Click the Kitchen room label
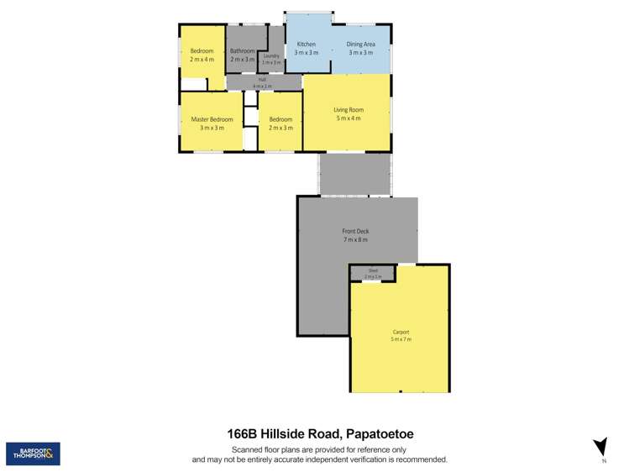click(306, 44)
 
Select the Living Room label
click(348, 110)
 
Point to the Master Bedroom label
click(212, 119)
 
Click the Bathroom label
click(242, 50)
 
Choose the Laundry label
click(270, 55)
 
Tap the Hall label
click(262, 80)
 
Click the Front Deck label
click(355, 231)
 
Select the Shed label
click(373, 270)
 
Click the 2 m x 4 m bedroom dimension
click(202, 59)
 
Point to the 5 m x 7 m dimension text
click(401, 339)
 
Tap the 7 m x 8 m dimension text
click(355, 239)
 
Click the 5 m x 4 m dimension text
click(348, 118)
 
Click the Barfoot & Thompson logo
click(33, 454)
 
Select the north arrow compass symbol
click(600, 447)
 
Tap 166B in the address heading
click(243, 434)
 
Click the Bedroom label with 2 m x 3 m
click(280, 119)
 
